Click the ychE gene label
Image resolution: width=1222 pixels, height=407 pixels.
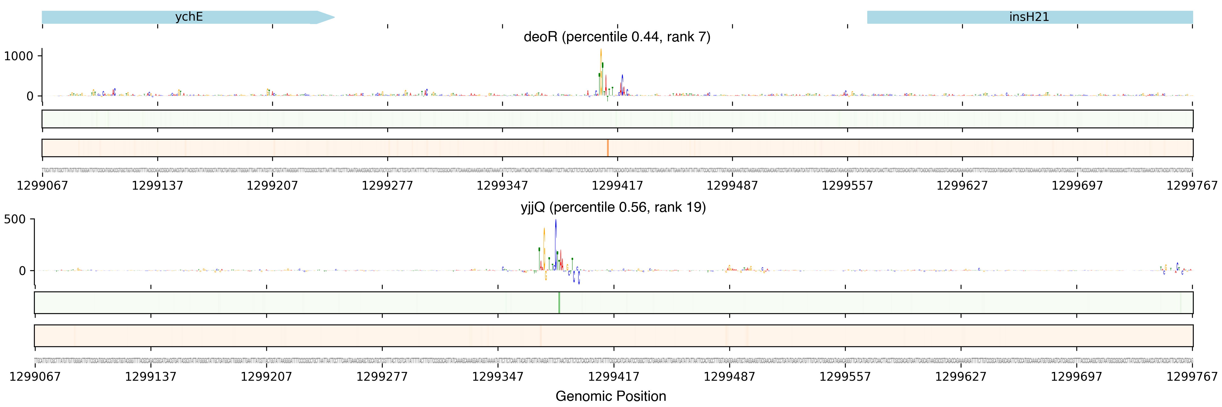(x=189, y=17)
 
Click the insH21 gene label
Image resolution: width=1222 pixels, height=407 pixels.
(x=1029, y=17)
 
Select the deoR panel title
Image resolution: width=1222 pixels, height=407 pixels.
(x=617, y=37)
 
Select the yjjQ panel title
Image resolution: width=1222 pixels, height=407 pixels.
(x=613, y=207)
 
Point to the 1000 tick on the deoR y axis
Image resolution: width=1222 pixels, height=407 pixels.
(x=19, y=56)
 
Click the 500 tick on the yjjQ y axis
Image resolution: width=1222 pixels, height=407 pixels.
(x=15, y=219)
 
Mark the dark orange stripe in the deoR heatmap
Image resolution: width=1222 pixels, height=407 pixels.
(x=607, y=148)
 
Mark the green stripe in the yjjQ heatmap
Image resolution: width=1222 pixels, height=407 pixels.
(x=559, y=302)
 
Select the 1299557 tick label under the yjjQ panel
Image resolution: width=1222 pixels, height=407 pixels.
(x=845, y=377)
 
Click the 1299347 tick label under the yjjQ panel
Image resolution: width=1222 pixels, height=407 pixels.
(x=498, y=377)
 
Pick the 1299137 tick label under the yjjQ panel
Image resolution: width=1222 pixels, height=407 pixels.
(x=150, y=377)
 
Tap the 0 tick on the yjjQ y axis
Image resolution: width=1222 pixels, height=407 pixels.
(x=22, y=271)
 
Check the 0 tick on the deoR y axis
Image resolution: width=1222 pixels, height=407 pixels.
(x=30, y=96)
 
